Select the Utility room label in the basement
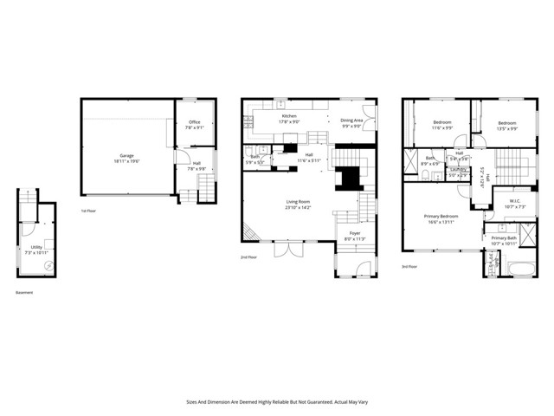[x=36, y=247]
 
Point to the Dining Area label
[x=351, y=121]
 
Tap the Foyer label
[x=356, y=234]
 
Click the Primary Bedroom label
[x=441, y=216]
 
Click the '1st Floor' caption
[x=88, y=211]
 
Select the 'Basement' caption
[x=24, y=292]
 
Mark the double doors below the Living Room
[x=287, y=250]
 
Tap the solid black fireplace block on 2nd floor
[x=350, y=178]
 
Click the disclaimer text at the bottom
[x=277, y=401]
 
